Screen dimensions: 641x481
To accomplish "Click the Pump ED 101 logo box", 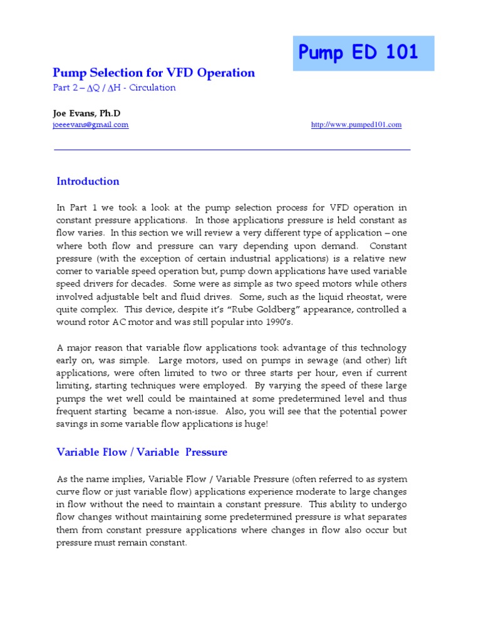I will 363,53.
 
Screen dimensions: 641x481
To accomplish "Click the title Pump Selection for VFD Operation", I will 153,73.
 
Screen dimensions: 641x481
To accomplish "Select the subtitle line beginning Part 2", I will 114,88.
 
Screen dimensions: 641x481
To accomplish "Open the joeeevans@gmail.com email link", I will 90,125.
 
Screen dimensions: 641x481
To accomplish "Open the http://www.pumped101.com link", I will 356,125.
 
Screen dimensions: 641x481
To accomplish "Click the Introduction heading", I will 88,182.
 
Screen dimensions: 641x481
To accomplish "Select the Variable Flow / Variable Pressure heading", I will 142,452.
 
